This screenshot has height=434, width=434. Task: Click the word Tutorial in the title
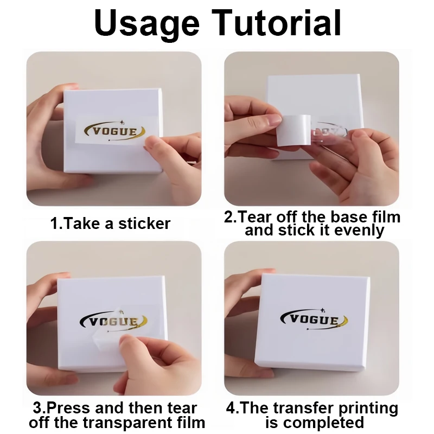(x=277, y=23)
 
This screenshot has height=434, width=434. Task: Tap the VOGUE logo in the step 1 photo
(x=111, y=131)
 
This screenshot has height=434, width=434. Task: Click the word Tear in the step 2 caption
(x=256, y=217)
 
